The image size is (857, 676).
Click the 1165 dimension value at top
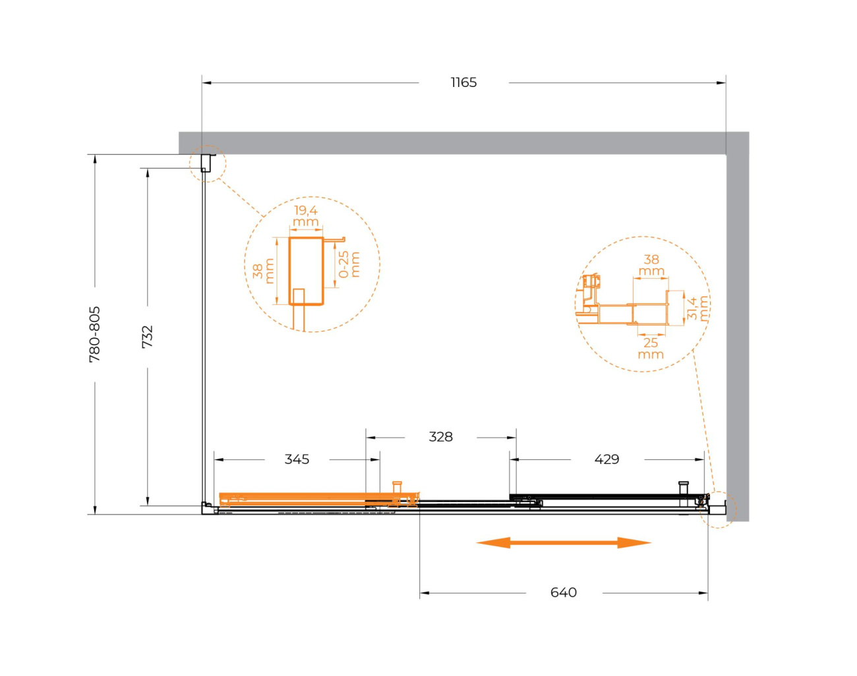pyautogui.click(x=463, y=82)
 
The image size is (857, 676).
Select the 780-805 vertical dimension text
pyautogui.click(x=95, y=335)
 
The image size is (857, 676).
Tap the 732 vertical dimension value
pyautogui.click(x=148, y=337)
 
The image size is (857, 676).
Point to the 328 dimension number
pyautogui.click(x=440, y=437)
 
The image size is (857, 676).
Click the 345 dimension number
pyautogui.click(x=297, y=459)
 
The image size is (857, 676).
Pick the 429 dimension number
pyautogui.click(x=606, y=459)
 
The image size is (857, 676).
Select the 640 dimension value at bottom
pyautogui.click(x=564, y=592)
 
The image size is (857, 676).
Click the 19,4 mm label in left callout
pyautogui.click(x=306, y=215)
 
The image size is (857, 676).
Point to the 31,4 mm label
pyautogui.click(x=698, y=308)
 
